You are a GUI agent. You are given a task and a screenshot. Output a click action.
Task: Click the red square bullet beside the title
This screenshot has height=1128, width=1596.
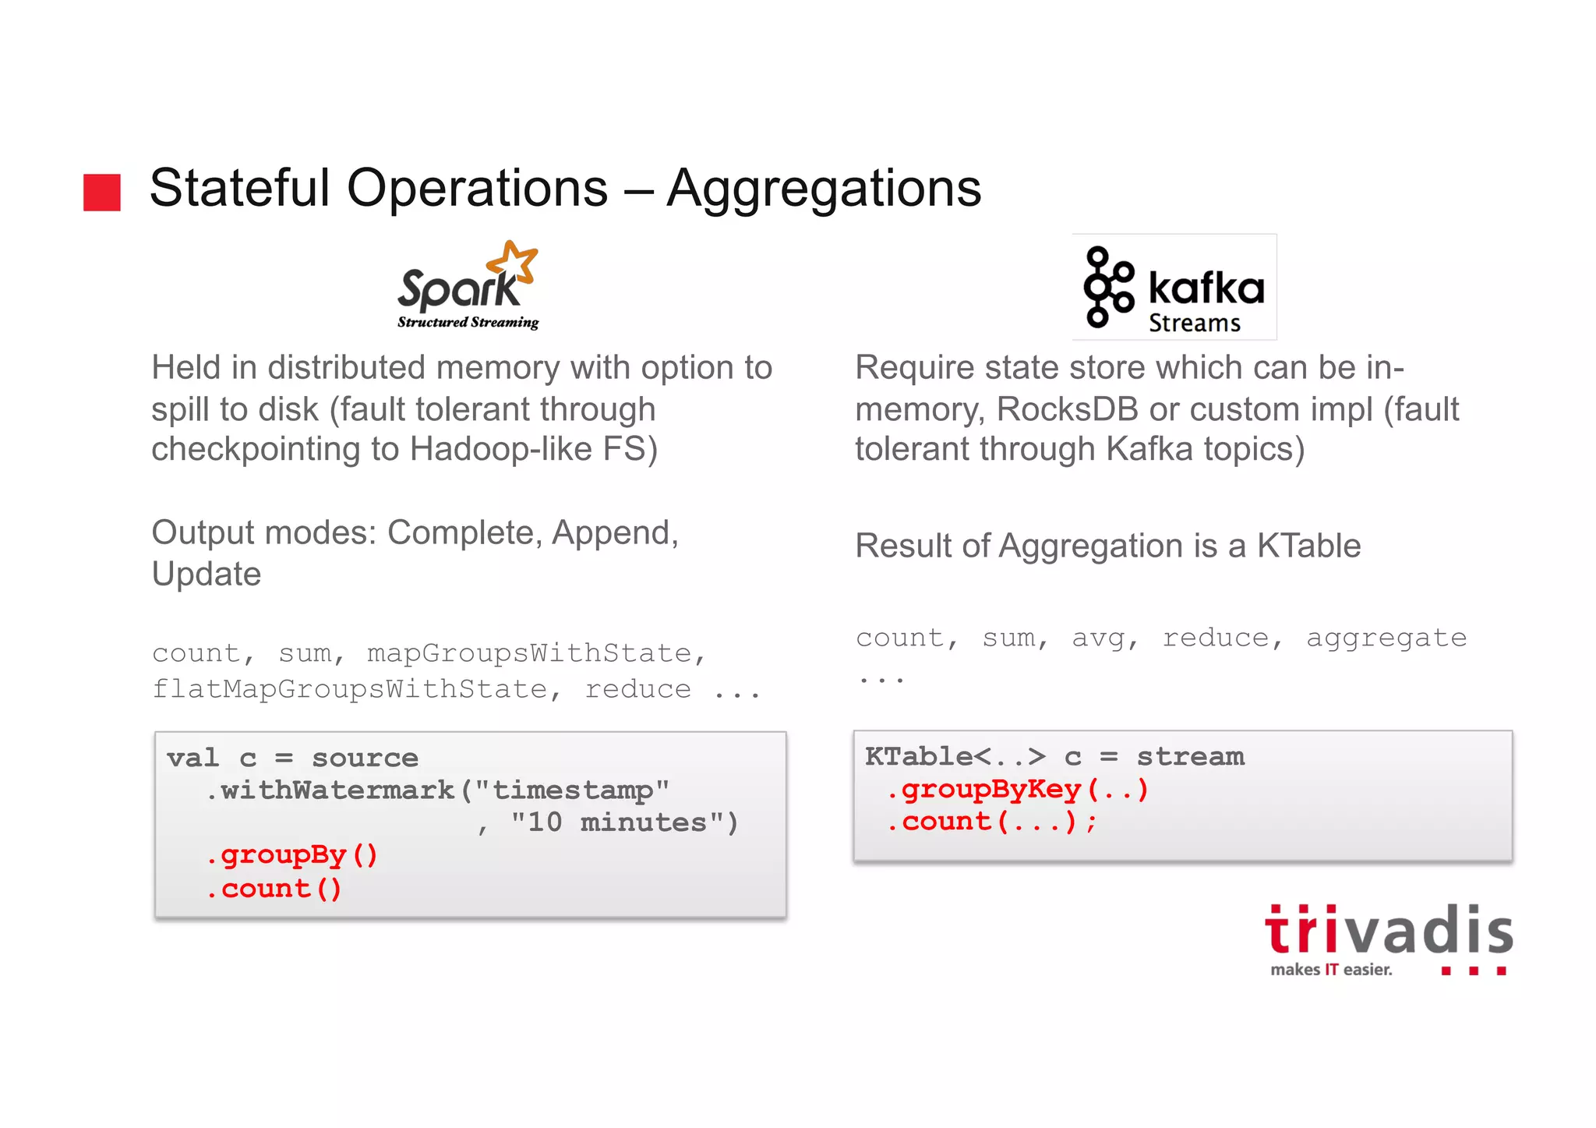click(x=102, y=192)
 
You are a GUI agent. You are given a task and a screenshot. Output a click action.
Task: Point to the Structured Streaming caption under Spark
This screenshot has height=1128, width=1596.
click(x=468, y=322)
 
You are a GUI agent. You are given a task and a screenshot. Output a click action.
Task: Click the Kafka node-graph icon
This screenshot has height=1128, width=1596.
click(x=1107, y=287)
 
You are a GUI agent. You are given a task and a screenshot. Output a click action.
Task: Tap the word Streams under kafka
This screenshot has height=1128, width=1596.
click(x=1194, y=323)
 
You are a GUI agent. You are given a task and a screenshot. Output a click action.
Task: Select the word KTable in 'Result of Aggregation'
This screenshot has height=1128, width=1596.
click(x=1308, y=546)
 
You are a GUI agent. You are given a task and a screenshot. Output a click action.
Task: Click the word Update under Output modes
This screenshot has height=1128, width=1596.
click(x=207, y=574)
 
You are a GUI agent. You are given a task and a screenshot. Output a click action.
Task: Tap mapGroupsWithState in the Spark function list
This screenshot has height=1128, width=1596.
click(x=530, y=653)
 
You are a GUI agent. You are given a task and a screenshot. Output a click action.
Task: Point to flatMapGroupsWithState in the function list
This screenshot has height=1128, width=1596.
click(x=350, y=689)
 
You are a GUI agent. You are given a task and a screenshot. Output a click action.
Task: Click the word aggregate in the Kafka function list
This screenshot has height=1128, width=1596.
click(x=1386, y=638)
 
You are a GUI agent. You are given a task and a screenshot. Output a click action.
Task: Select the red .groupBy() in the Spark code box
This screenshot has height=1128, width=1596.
click(x=291, y=855)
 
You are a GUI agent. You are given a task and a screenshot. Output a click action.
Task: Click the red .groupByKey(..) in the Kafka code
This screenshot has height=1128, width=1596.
click(x=1017, y=790)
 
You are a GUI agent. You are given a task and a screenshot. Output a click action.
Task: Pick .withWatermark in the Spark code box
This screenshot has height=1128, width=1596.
click(x=330, y=790)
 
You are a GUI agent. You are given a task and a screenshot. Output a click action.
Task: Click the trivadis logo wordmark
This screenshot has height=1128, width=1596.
click(x=1389, y=931)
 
